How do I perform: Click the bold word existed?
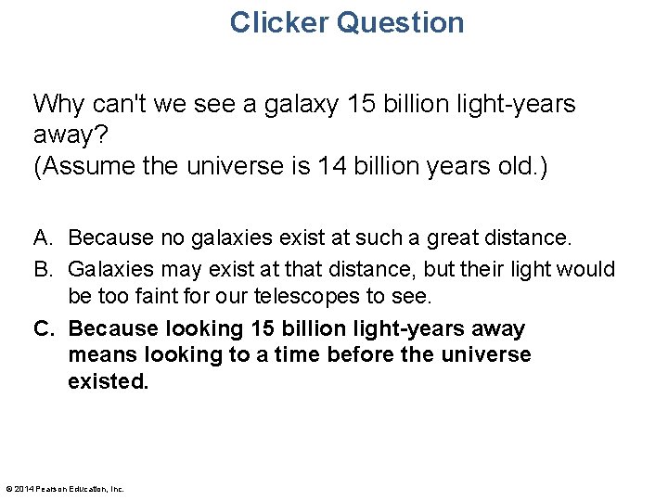click(x=108, y=380)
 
